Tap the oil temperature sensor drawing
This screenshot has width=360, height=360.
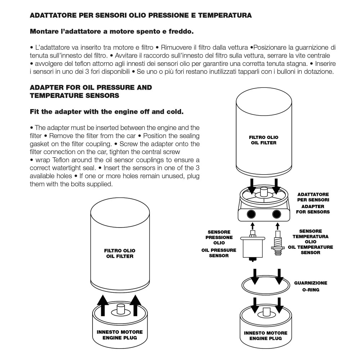(x=277, y=243)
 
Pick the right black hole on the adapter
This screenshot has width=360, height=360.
(x=277, y=214)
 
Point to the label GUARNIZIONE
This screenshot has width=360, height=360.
(x=310, y=283)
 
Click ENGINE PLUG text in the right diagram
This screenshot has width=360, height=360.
(x=265, y=338)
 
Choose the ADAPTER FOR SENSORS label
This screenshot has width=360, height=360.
(x=312, y=209)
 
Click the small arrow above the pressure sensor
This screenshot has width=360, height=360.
(x=252, y=226)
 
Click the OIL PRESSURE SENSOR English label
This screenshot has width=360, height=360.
(x=219, y=253)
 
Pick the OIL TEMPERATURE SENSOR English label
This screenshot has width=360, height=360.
(x=310, y=250)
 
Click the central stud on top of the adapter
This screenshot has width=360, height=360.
(x=264, y=193)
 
